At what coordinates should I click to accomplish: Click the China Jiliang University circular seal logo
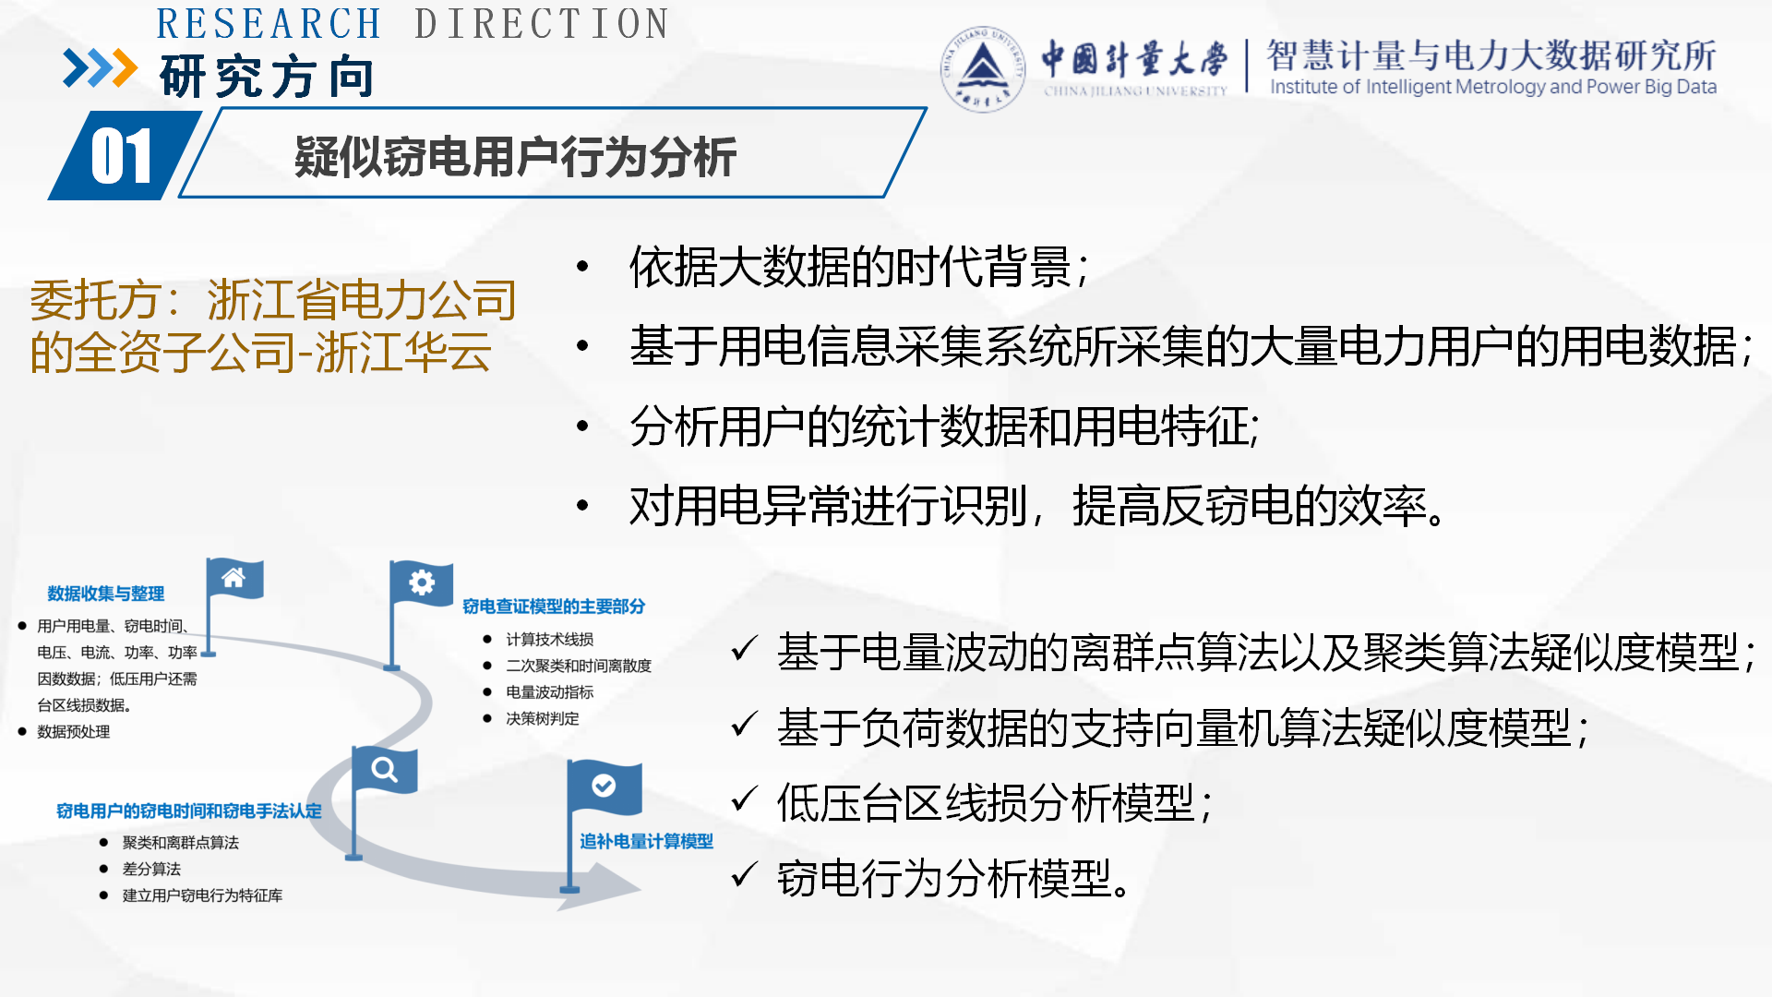click(982, 69)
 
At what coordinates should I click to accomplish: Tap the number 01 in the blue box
click(121, 156)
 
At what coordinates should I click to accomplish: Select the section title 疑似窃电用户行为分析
click(515, 156)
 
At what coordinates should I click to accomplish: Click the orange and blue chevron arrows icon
click(100, 68)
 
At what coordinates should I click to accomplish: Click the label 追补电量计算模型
click(646, 841)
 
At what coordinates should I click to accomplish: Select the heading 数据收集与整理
click(106, 594)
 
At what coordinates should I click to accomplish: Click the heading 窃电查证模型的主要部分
click(554, 607)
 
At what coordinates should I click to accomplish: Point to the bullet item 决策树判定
click(543, 718)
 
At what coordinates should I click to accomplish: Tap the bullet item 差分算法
click(151, 869)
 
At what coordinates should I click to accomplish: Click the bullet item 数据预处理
click(74, 732)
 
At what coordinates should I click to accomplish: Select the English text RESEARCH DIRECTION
click(413, 24)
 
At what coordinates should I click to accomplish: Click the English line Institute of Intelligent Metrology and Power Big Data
click(1493, 87)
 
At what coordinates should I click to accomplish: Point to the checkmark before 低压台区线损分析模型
click(744, 799)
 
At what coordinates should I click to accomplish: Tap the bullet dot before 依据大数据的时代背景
click(582, 267)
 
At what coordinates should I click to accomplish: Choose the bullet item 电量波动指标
click(550, 692)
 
